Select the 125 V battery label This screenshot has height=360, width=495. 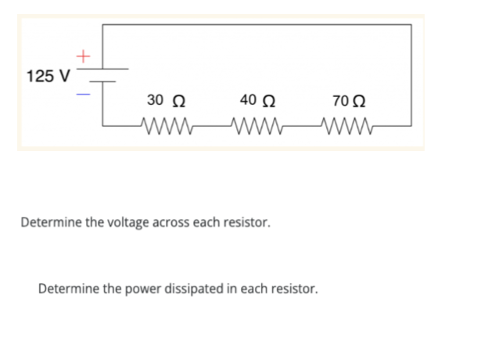click(48, 77)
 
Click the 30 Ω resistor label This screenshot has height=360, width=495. click(166, 101)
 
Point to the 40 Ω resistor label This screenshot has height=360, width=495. click(259, 101)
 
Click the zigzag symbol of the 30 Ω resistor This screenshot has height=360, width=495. click(166, 123)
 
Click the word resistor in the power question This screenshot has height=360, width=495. click(294, 288)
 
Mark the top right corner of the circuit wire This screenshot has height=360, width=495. click(411, 25)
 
